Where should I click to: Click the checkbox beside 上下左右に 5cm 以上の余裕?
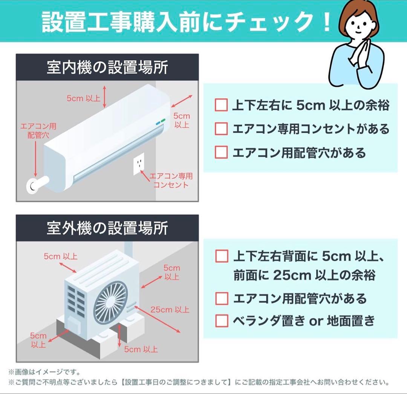pos(221,105)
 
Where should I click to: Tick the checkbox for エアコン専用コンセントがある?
pos(221,129)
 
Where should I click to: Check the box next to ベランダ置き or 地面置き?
pos(222,321)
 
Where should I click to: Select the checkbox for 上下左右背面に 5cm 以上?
pos(222,256)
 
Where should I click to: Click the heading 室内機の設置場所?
pos(107,68)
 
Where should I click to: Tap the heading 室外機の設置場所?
pos(107,229)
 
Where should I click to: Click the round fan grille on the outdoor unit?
pos(110,303)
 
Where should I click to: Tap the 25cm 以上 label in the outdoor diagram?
pos(170,310)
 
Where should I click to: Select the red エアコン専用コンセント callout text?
pos(171,180)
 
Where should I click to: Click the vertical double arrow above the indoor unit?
pos(106,96)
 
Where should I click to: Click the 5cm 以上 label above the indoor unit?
pos(83,98)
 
